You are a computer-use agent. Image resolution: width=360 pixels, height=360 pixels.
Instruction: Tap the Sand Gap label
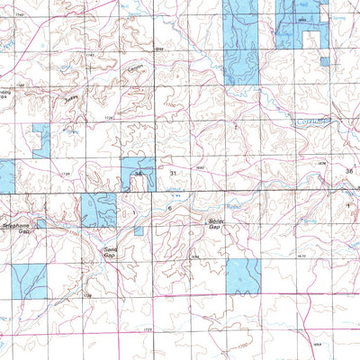pos(109,252)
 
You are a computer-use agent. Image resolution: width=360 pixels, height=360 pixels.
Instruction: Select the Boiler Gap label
pos(214,223)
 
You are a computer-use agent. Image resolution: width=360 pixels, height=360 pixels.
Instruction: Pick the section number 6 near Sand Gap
pos(168,209)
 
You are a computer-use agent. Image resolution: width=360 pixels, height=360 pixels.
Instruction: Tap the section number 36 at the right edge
pos(348,170)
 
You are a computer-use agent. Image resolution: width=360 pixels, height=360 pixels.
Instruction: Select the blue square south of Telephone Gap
pos(29,282)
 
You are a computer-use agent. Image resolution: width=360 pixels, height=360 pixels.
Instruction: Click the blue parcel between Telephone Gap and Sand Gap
pos(99,210)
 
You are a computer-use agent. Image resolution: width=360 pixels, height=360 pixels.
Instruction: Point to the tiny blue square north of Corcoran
pos(324,62)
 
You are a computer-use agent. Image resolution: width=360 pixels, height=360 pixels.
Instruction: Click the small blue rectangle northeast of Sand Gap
pos(138,230)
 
